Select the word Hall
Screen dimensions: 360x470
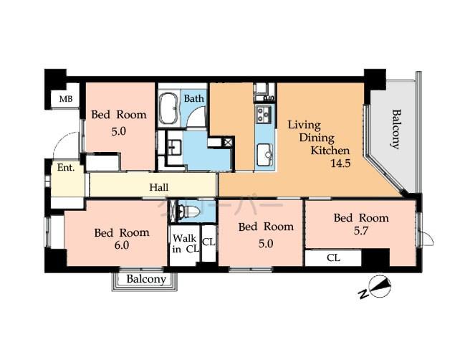pos(159,187)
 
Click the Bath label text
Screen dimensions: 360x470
pos(193,98)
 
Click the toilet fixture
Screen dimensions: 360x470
pos(188,212)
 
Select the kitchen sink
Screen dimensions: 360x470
pos(264,152)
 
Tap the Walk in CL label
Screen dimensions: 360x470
pos(183,244)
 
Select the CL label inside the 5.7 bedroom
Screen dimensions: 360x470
pos(334,257)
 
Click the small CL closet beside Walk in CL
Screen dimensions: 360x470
pos(208,242)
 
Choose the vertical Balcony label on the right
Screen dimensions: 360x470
pos(395,129)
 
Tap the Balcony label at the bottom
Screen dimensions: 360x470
pos(146,279)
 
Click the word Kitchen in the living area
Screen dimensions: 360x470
pos(330,151)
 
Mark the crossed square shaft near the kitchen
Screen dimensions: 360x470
pos(228,142)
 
